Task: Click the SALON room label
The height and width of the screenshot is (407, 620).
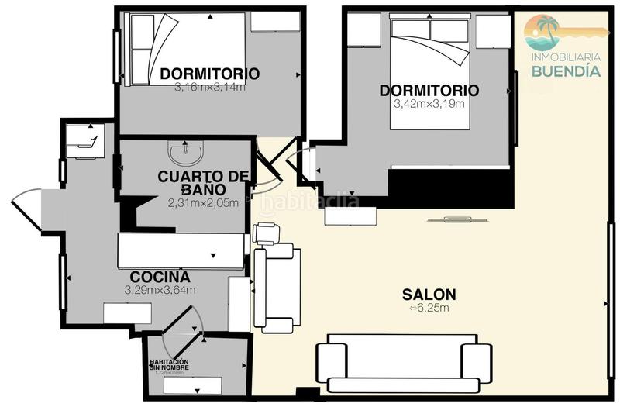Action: tap(429, 295)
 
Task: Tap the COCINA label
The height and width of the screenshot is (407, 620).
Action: tap(160, 277)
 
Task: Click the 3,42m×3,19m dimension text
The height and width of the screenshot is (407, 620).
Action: tap(429, 105)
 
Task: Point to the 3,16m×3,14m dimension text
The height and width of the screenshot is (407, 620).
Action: tap(210, 87)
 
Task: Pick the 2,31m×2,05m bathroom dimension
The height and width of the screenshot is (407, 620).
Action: tap(203, 203)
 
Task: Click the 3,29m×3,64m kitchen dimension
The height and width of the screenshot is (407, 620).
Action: tap(160, 290)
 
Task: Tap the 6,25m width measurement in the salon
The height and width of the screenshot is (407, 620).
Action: tap(429, 308)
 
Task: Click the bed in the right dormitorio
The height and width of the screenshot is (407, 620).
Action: tap(429, 47)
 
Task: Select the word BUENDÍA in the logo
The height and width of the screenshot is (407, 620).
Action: tap(565, 71)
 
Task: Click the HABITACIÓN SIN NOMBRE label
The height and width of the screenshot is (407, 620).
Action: tap(168, 364)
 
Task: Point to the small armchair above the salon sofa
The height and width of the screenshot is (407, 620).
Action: tap(265, 233)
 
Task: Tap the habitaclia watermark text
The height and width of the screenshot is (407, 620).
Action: tap(309, 203)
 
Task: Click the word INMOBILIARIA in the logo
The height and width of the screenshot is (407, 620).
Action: tap(565, 57)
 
